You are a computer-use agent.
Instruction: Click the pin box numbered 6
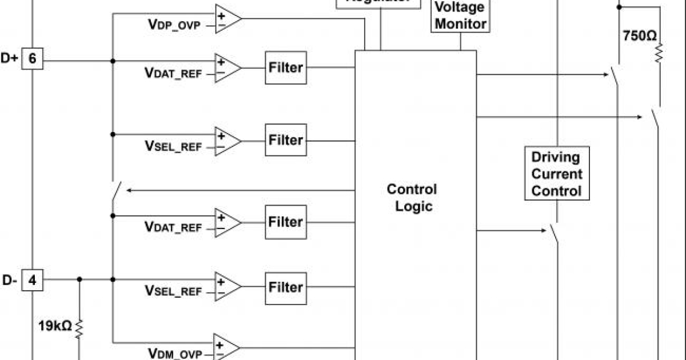pos(33,59)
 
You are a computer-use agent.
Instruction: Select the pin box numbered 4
pos(33,280)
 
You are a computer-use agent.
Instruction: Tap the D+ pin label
pos(10,59)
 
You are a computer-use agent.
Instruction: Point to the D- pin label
pos(10,280)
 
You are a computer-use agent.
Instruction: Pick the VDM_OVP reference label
pos(175,354)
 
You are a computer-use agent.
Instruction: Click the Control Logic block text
pos(412,197)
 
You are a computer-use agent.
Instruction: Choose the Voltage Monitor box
pos(460,15)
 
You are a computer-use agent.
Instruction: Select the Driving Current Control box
pos(556,174)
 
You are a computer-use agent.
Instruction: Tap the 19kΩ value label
pos(55,326)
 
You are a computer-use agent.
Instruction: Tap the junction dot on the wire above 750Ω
pos(619,7)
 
